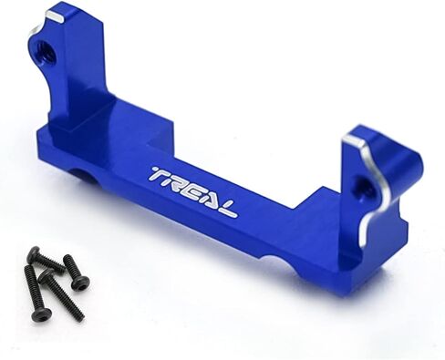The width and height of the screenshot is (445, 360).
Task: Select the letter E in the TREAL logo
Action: (x=199, y=190)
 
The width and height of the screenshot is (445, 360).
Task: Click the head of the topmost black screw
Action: (x=33, y=252)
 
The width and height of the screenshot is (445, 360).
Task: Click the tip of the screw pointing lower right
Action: (x=81, y=317)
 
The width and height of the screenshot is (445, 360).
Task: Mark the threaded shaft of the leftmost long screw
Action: (x=35, y=290)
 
